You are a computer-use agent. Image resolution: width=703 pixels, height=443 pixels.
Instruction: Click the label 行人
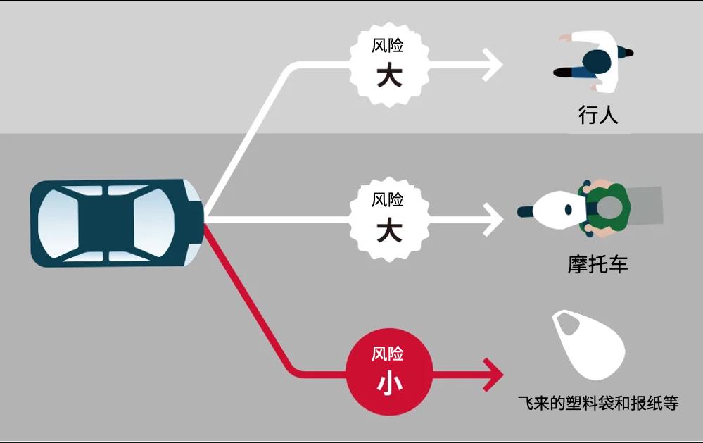click(597, 116)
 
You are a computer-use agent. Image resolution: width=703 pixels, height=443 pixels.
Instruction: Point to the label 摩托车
click(597, 265)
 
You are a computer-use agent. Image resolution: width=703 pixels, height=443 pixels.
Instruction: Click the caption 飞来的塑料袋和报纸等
click(597, 404)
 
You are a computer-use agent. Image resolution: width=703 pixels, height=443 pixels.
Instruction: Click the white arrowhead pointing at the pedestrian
click(493, 65)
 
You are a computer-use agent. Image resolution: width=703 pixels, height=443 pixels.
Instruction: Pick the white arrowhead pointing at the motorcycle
click(493, 220)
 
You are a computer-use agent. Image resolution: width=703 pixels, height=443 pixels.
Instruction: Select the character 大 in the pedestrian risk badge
click(389, 76)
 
